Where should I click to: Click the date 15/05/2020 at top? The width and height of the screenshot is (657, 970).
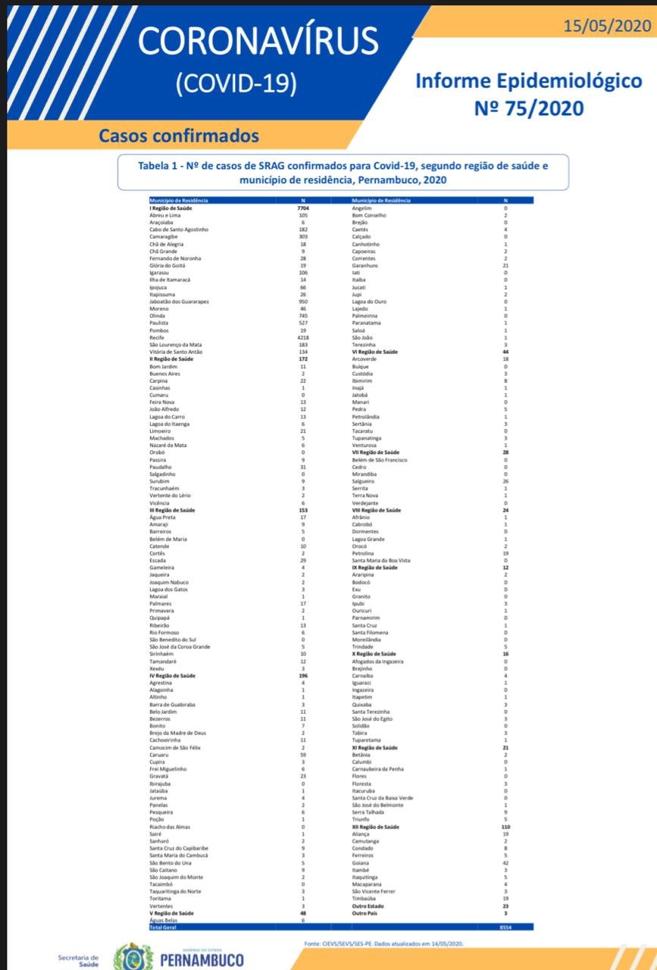(x=606, y=26)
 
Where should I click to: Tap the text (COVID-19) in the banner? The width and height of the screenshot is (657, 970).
(x=236, y=83)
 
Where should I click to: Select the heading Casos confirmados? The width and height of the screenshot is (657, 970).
(x=179, y=136)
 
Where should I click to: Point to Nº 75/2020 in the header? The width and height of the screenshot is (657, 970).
(x=529, y=108)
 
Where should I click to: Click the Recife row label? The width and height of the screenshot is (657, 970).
(x=158, y=338)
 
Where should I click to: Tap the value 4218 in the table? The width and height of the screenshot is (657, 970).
(x=303, y=338)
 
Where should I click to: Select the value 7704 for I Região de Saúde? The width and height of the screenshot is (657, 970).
(x=303, y=208)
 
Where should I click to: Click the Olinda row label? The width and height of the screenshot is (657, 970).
(x=158, y=316)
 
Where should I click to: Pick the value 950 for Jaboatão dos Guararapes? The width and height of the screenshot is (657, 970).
(x=303, y=302)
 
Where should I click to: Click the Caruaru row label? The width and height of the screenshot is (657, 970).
(x=160, y=756)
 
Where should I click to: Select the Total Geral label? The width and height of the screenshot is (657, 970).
(x=162, y=927)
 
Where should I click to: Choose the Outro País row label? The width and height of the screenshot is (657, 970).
(x=365, y=914)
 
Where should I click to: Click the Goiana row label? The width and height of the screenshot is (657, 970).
(x=361, y=863)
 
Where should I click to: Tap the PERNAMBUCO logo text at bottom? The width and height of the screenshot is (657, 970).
(x=202, y=960)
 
